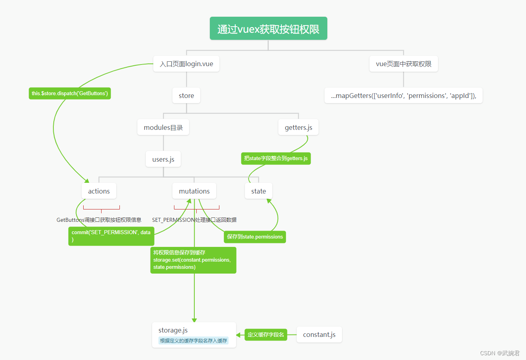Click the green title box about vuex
coord(268,29)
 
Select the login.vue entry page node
coord(186,64)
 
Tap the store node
coord(186,96)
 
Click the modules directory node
coord(163,127)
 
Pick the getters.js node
coord(298,127)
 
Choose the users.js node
coord(163,159)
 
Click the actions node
coord(99,191)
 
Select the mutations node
coord(194,191)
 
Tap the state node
coord(258,191)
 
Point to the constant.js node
coord(319,335)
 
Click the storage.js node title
coord(173,330)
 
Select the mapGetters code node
coord(403,96)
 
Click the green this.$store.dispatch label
coord(70,93)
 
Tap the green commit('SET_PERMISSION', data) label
coord(111,236)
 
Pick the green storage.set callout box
coord(193,260)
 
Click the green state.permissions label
coord(255,237)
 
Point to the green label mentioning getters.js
coord(276,158)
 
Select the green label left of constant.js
coord(266,335)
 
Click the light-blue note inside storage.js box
coord(194,341)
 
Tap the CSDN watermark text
coord(499,353)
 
